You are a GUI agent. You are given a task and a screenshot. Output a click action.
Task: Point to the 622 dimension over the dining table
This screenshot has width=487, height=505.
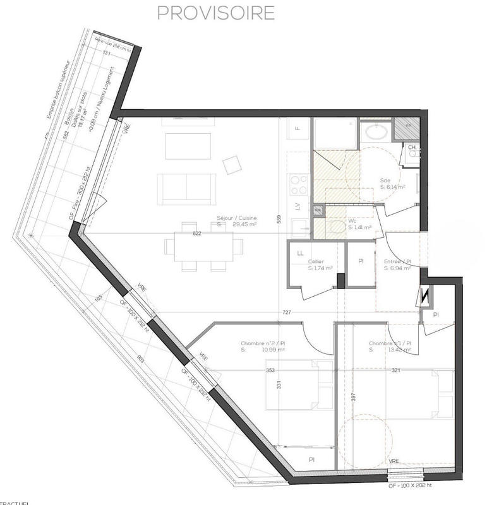pyautogui.click(x=196, y=234)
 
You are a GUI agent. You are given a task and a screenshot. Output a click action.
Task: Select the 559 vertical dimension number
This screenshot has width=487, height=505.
pyautogui.click(x=278, y=219)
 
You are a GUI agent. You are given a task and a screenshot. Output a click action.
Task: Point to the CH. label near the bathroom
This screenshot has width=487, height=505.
pyautogui.click(x=412, y=148)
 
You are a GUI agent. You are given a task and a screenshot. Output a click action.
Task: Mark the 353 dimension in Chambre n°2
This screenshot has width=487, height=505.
pyautogui.click(x=270, y=371)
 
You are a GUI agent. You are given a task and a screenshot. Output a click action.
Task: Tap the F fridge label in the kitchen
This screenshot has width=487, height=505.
pyautogui.click(x=298, y=129)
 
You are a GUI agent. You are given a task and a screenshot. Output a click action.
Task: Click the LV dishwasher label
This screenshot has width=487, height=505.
pyautogui.click(x=297, y=205)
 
